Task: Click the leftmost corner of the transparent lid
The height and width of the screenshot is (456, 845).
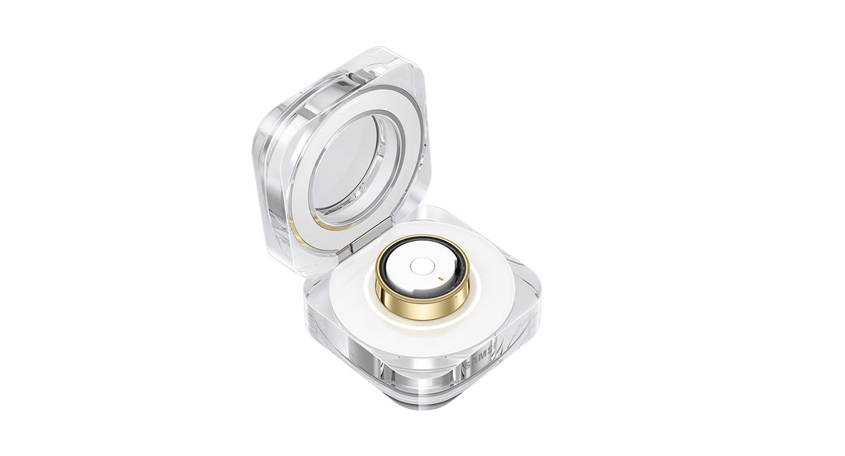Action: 258,148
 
